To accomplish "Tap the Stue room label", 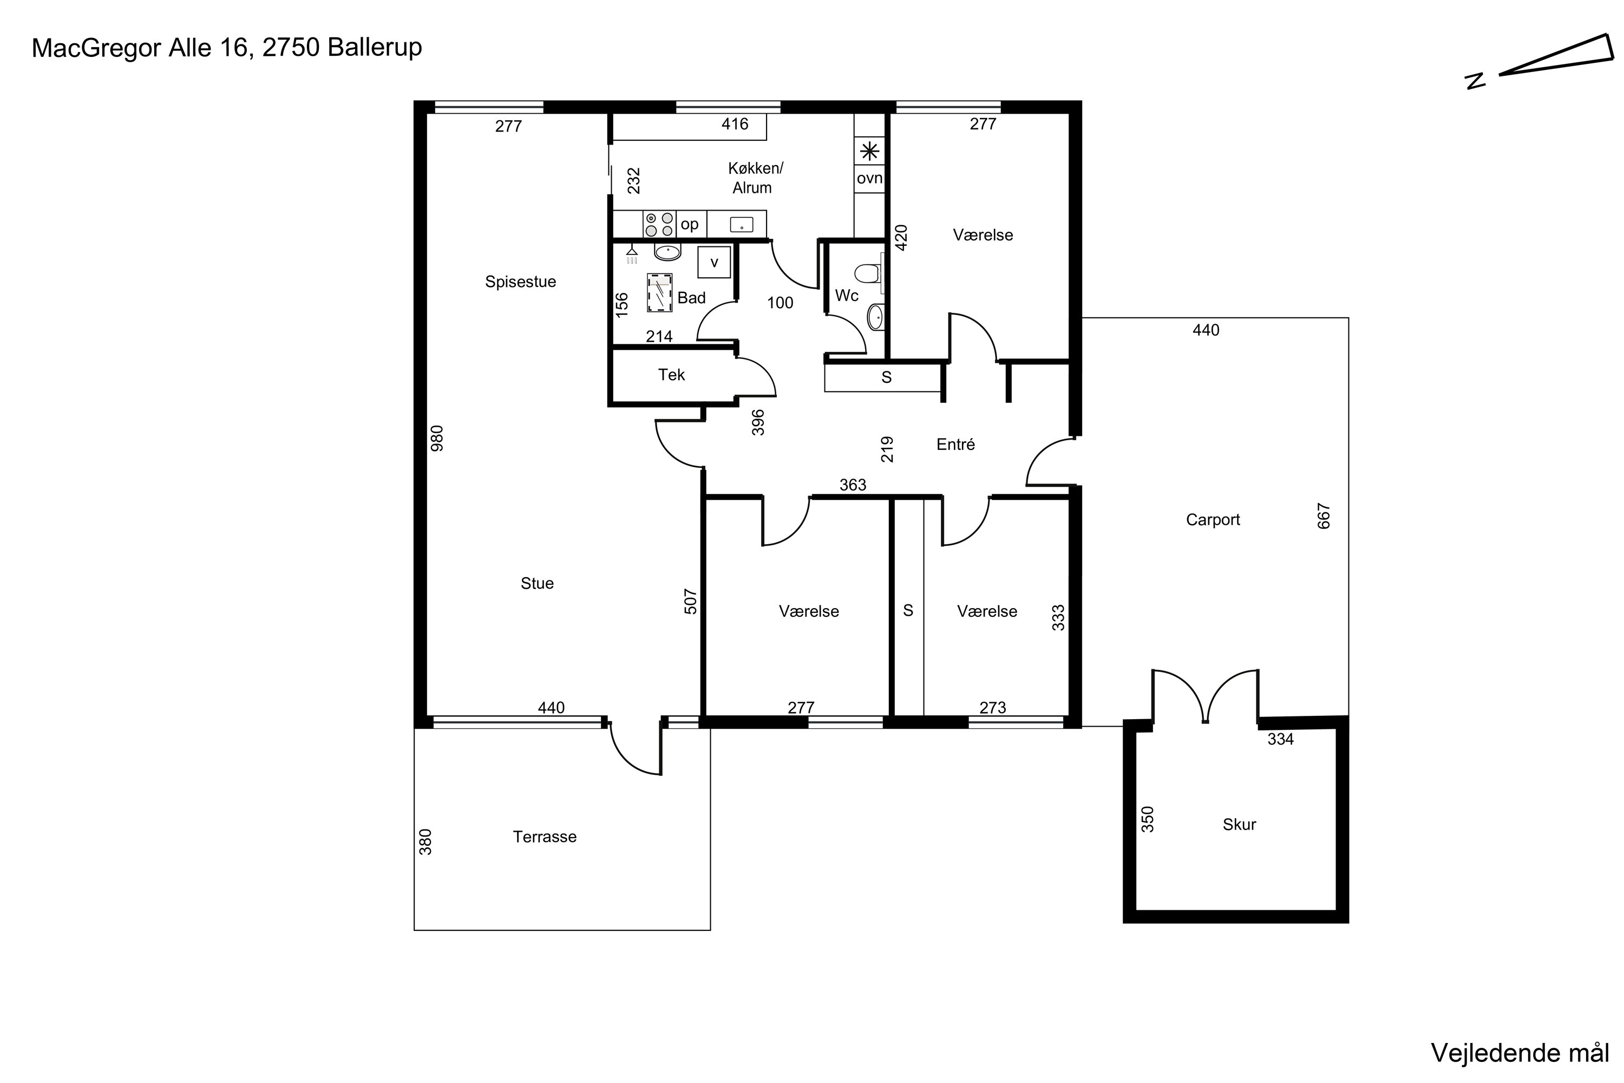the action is click(x=536, y=583).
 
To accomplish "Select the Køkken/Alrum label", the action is click(x=755, y=178).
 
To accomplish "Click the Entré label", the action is click(x=955, y=444).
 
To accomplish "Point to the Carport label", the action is click(x=1213, y=519).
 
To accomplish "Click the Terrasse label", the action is click(x=544, y=837).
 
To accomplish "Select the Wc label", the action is click(x=847, y=296).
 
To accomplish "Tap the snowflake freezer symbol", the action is click(x=869, y=151).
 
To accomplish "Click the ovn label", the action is click(x=869, y=178).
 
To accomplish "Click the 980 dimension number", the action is click(x=437, y=439).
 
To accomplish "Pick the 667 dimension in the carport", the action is click(x=1324, y=516).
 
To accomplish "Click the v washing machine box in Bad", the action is click(x=714, y=262).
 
